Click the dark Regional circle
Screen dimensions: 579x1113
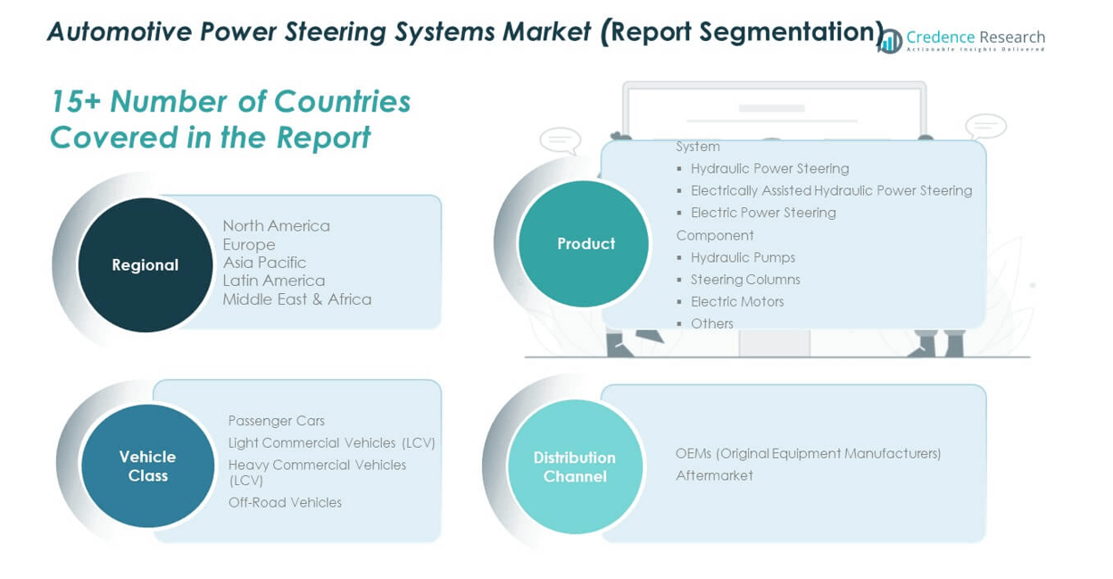(145, 264)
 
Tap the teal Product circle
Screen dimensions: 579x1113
(585, 243)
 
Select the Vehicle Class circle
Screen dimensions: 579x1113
(148, 466)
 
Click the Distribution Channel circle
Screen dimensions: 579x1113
(575, 466)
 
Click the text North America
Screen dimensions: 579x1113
(276, 226)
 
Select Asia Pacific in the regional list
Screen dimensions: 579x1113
(264, 263)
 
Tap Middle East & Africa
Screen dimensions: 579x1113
(296, 299)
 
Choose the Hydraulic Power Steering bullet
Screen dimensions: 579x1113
(769, 169)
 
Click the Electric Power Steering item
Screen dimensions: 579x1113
(763, 213)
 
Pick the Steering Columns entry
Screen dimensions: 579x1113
(745, 280)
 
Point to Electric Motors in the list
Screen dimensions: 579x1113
(737, 302)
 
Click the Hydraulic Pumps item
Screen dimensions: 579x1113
(743, 257)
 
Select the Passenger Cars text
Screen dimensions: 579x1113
(276, 421)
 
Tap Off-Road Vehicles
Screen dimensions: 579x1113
(285, 503)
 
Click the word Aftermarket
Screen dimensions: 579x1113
(714, 475)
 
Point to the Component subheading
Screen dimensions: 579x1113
(715, 236)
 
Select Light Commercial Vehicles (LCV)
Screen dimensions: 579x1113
(331, 443)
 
